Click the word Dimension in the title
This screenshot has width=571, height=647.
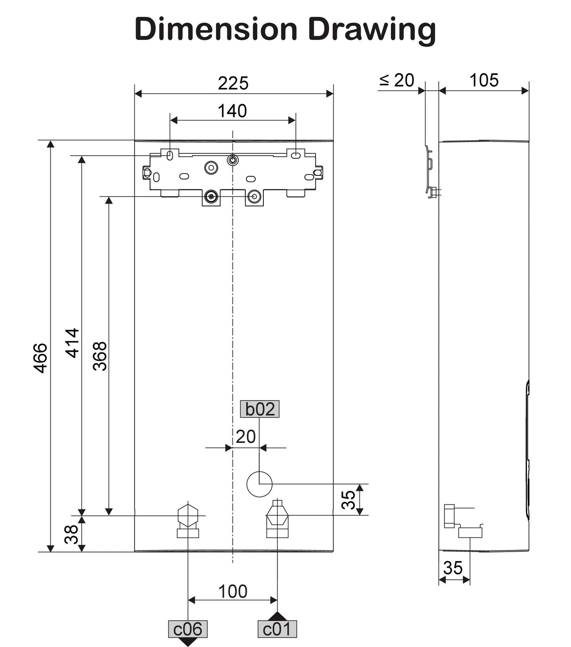216,29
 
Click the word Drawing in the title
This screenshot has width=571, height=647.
372,29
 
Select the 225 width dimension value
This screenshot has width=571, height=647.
233,83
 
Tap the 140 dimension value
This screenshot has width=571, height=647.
232,111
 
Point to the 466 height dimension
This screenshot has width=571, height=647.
41,358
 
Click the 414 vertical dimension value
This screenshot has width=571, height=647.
72,343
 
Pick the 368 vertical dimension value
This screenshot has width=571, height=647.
100,356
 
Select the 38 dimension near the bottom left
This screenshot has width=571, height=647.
71,534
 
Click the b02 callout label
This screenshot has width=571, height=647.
260,409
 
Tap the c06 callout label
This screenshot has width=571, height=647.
188,629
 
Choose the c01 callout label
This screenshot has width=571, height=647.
277,629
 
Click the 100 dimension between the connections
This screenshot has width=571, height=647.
233,591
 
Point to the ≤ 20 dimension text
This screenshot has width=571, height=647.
397,80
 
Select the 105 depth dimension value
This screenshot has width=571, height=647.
484,80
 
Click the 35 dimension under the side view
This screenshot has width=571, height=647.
453,568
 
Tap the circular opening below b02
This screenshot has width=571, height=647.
260,484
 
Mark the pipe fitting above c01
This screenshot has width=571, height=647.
278,520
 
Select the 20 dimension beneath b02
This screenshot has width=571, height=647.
246,437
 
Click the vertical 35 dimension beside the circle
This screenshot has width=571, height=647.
349,499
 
